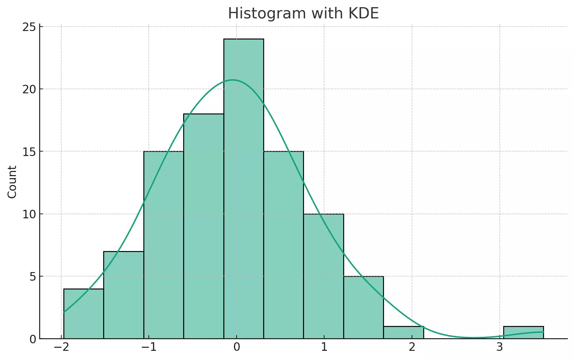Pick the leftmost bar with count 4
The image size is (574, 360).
83,314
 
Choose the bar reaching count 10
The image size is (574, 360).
323,276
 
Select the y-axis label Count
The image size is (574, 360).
12,182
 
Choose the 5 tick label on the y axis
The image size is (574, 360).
33,277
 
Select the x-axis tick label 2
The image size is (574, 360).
412,347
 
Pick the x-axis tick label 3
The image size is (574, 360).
499,347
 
